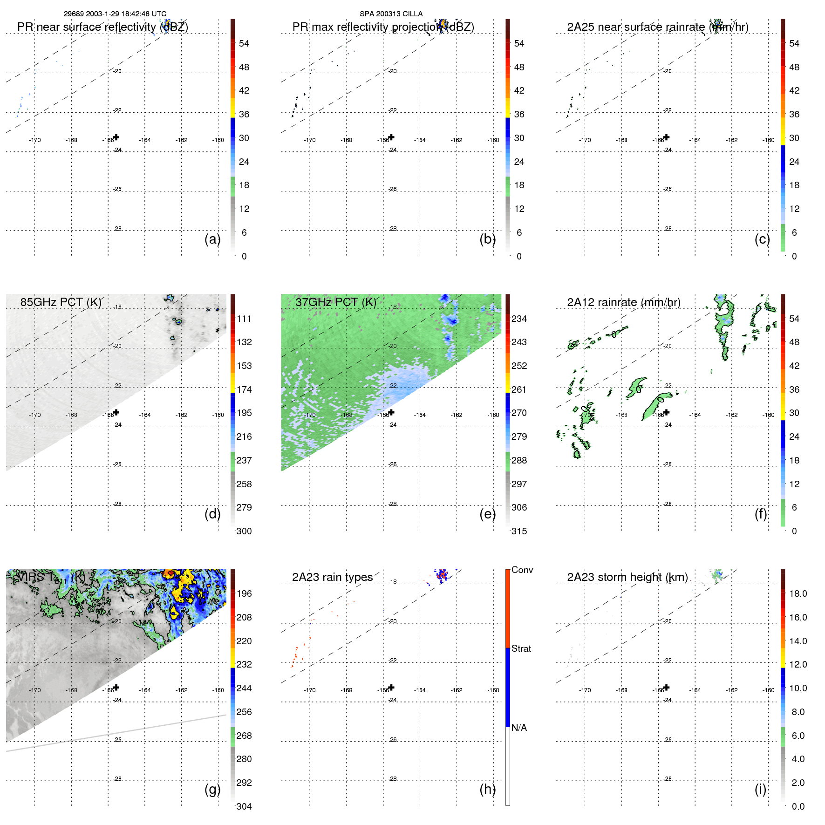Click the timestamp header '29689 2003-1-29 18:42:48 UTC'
point(115,14)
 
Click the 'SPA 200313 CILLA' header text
point(391,14)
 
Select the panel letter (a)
point(212,239)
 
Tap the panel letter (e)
point(487,514)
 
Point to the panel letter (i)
point(760,789)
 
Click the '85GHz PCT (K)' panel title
point(61,302)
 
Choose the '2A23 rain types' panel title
point(332,577)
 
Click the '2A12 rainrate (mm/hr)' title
point(623,302)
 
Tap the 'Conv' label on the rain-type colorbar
point(522,570)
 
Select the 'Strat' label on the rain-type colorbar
point(521,648)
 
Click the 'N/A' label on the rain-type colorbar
point(519,728)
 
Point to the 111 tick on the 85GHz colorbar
point(244,319)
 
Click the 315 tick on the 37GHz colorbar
point(519,531)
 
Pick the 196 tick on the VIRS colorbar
point(244,593)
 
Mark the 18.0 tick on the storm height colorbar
point(798,593)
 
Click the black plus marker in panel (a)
point(116,137)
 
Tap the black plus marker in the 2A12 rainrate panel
point(667,412)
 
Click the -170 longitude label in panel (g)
point(35,690)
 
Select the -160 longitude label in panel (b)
point(493,140)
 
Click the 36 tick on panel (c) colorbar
point(794,114)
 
